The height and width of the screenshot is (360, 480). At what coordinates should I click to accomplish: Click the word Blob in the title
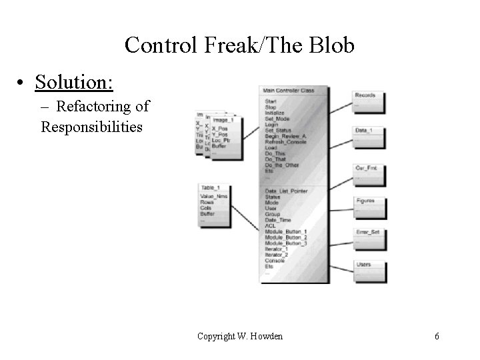tap(331, 45)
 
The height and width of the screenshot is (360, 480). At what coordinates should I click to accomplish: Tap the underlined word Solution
tap(74, 83)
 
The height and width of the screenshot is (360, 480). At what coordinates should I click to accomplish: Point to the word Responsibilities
tap(92, 125)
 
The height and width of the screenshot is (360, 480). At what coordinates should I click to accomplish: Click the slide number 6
tap(437, 336)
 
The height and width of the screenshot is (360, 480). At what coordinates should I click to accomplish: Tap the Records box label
tap(365, 95)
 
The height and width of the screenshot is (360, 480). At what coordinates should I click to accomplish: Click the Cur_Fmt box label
tap(365, 168)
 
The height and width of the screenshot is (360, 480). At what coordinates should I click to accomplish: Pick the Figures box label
tap(365, 201)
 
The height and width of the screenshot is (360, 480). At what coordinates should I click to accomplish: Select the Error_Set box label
tap(366, 233)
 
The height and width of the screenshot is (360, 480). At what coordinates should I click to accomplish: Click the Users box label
tap(363, 265)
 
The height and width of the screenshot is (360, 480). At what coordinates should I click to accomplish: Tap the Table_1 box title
tap(210, 188)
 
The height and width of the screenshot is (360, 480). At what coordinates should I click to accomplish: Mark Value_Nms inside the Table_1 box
tap(213, 197)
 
